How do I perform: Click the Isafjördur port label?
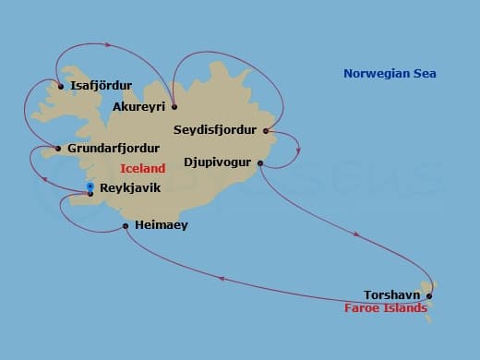point(101,86)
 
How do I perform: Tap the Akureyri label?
point(138,107)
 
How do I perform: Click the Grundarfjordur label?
point(114,148)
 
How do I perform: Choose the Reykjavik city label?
point(130,187)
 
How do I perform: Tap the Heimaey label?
point(161,224)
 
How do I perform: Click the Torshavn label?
point(393,295)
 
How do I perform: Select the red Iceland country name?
point(143,168)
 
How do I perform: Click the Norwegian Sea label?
point(390,74)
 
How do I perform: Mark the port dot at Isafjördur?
point(60,87)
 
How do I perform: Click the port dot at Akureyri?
point(174,106)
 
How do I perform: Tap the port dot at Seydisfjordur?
point(266,130)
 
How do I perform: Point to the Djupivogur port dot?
point(260,163)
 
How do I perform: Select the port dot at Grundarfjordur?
point(58,149)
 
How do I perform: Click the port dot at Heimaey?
point(126,225)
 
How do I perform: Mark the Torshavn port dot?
point(429,296)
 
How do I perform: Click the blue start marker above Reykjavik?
point(90,187)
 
